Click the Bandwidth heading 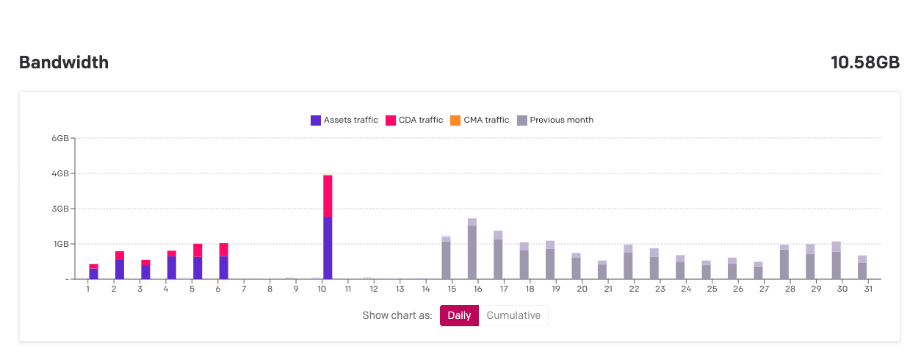64,62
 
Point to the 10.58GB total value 865,62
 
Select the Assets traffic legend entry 344,120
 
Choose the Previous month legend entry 555,120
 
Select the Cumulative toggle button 513,316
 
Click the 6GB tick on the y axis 59,138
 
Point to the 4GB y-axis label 59,173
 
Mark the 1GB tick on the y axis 59,244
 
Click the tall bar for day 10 328,228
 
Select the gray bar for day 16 472,250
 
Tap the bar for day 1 93,272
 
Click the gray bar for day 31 862,268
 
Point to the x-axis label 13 400,289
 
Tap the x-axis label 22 634,289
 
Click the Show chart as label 397,316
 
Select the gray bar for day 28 784,262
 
